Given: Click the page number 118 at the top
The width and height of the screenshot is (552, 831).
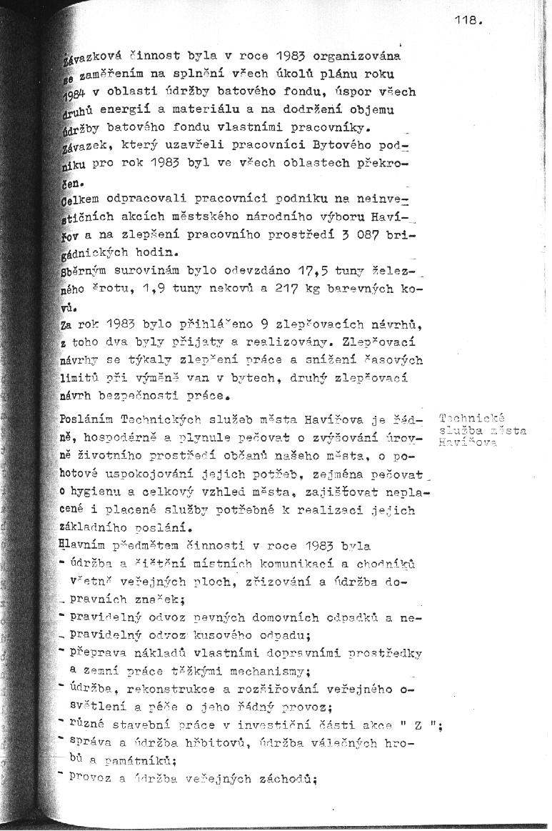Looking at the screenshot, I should coord(468,21).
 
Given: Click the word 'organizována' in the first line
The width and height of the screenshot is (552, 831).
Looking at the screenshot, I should coord(358,54).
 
